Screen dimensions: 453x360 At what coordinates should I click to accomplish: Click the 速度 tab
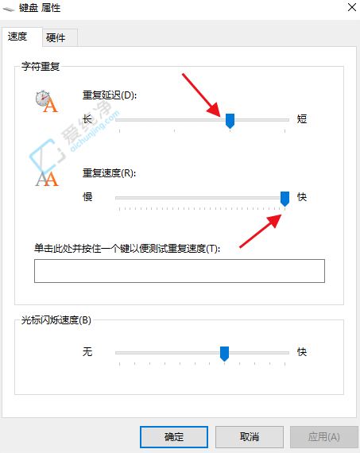coord(17,37)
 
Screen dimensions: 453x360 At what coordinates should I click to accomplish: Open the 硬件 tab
coord(56,37)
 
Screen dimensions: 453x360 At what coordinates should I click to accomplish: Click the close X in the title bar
coord(351,7)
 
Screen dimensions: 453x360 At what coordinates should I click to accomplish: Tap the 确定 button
coord(173,436)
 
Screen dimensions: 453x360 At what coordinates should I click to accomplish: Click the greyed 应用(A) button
coord(323,436)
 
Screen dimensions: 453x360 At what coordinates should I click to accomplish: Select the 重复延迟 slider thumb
coord(230,120)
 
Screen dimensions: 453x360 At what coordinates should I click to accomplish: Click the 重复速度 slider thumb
coord(285,197)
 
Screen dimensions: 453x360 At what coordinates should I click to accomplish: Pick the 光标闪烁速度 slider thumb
coord(224,353)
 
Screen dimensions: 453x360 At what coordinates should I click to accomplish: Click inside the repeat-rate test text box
coord(179,271)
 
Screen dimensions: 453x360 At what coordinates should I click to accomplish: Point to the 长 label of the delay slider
coord(87,119)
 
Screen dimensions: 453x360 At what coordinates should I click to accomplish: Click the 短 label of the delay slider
coord(302,119)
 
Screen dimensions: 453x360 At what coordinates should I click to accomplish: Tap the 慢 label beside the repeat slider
coord(87,196)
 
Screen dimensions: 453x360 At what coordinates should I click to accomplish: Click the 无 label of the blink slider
coord(87,351)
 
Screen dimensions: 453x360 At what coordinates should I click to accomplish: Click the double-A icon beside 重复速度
coord(47,177)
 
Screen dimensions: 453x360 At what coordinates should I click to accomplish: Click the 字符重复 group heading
coord(40,68)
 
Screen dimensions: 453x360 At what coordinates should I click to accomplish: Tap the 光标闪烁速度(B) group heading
coord(56,321)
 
